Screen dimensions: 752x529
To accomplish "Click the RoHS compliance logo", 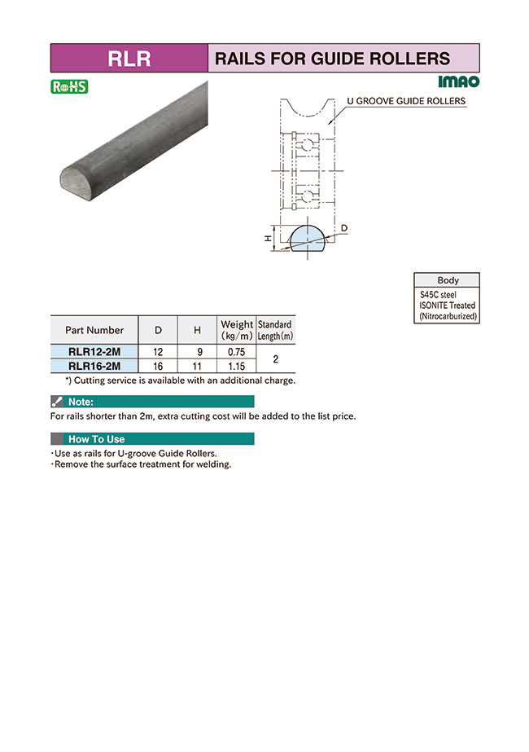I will (x=69, y=86).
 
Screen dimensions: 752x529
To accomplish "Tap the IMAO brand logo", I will (x=458, y=82).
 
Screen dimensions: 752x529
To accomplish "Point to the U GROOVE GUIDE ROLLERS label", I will (x=406, y=102).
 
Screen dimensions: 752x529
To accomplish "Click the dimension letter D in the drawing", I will (x=345, y=226).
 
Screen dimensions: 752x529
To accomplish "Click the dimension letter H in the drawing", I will (x=267, y=238).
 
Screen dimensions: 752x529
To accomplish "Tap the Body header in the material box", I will (x=448, y=279).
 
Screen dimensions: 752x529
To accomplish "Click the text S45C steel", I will (x=438, y=294).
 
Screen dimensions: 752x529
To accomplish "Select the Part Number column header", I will (x=94, y=330).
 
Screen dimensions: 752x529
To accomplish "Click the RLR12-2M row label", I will (x=94, y=352).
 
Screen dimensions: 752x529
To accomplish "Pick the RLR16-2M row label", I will (x=94, y=366).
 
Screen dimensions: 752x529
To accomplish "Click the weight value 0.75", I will (x=236, y=352).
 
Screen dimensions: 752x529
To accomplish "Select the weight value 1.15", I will (x=236, y=366).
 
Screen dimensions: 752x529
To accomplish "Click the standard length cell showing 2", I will (x=276, y=358).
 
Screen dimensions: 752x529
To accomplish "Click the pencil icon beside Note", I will (x=57, y=402).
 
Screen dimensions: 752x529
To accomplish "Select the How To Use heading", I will (x=96, y=439).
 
